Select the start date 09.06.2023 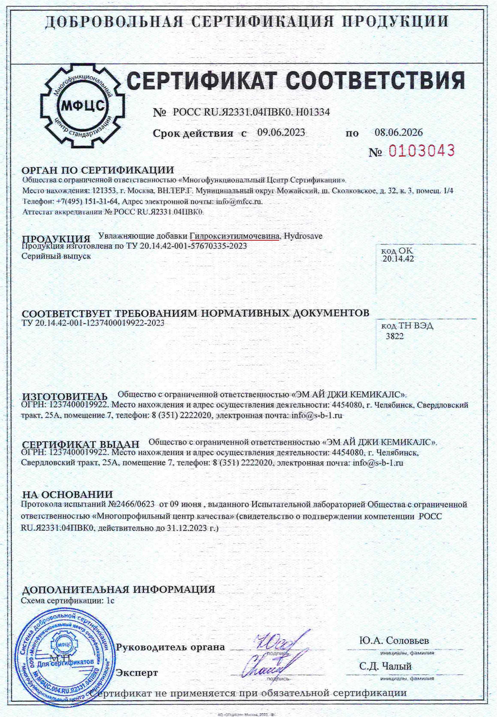[281, 133]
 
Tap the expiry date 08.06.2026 [399, 133]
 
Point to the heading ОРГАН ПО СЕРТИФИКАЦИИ [98, 170]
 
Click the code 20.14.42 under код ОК [398, 259]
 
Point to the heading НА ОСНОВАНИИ [67, 494]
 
